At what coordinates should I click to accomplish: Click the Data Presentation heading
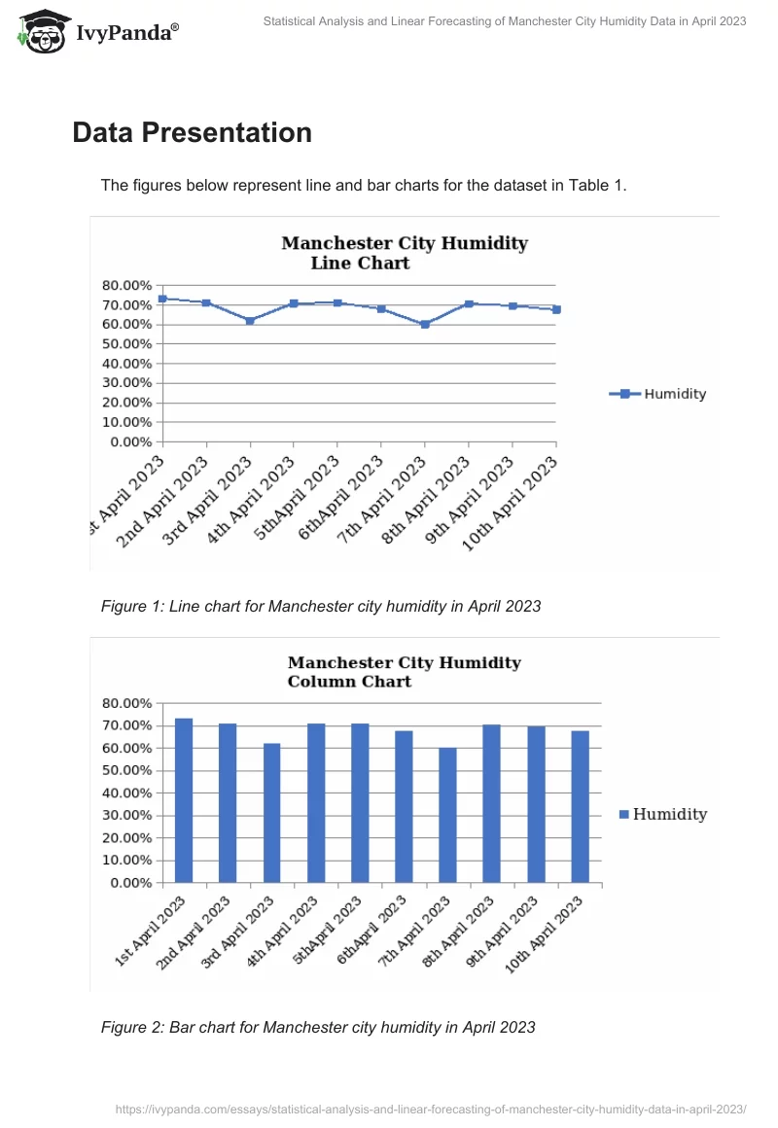click(x=192, y=132)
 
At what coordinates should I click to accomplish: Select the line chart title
click(x=404, y=253)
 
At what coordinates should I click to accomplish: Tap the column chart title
click(x=404, y=672)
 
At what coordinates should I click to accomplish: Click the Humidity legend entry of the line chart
click(x=658, y=394)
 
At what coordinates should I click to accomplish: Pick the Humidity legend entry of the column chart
click(x=662, y=815)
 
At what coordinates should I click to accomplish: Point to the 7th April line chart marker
click(x=425, y=324)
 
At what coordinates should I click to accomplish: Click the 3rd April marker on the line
click(x=250, y=320)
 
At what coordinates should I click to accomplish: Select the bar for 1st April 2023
click(x=184, y=800)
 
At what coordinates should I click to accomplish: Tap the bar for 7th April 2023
click(x=447, y=815)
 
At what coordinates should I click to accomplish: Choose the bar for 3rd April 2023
click(x=271, y=813)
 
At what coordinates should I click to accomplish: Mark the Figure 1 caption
click(x=320, y=607)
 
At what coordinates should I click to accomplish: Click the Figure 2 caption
click(x=317, y=1027)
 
